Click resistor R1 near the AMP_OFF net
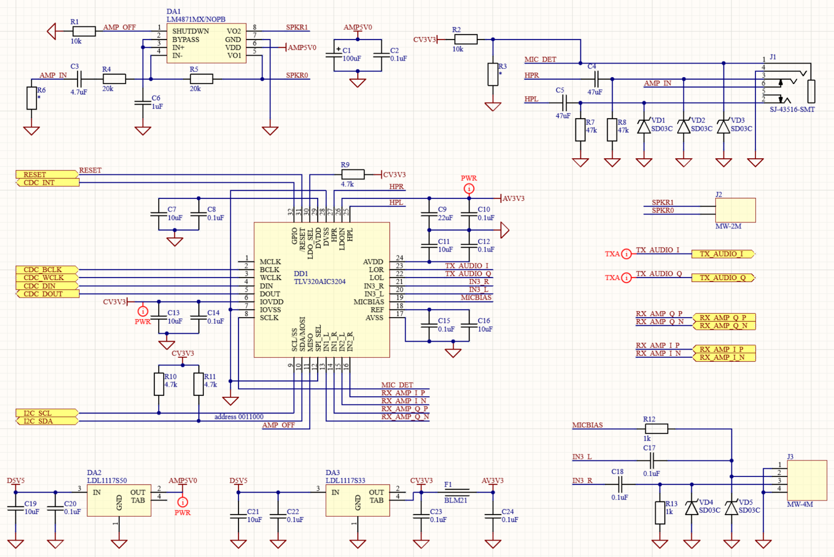point(84,31)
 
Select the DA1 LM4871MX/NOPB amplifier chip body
point(206,43)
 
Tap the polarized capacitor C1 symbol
point(334,55)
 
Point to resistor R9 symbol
point(353,175)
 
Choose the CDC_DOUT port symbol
point(47,294)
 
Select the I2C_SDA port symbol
point(47,421)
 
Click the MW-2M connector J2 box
point(735,210)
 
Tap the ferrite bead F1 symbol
point(456,492)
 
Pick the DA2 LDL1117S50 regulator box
point(119,500)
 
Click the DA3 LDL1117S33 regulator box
point(357,500)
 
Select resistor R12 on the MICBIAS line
point(656,429)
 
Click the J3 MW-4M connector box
point(807,480)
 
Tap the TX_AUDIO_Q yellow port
point(723,278)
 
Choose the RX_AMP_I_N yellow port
point(724,357)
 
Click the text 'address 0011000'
point(239,417)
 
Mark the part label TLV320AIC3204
point(319,282)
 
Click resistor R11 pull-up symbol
point(198,384)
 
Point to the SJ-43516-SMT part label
point(792,110)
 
